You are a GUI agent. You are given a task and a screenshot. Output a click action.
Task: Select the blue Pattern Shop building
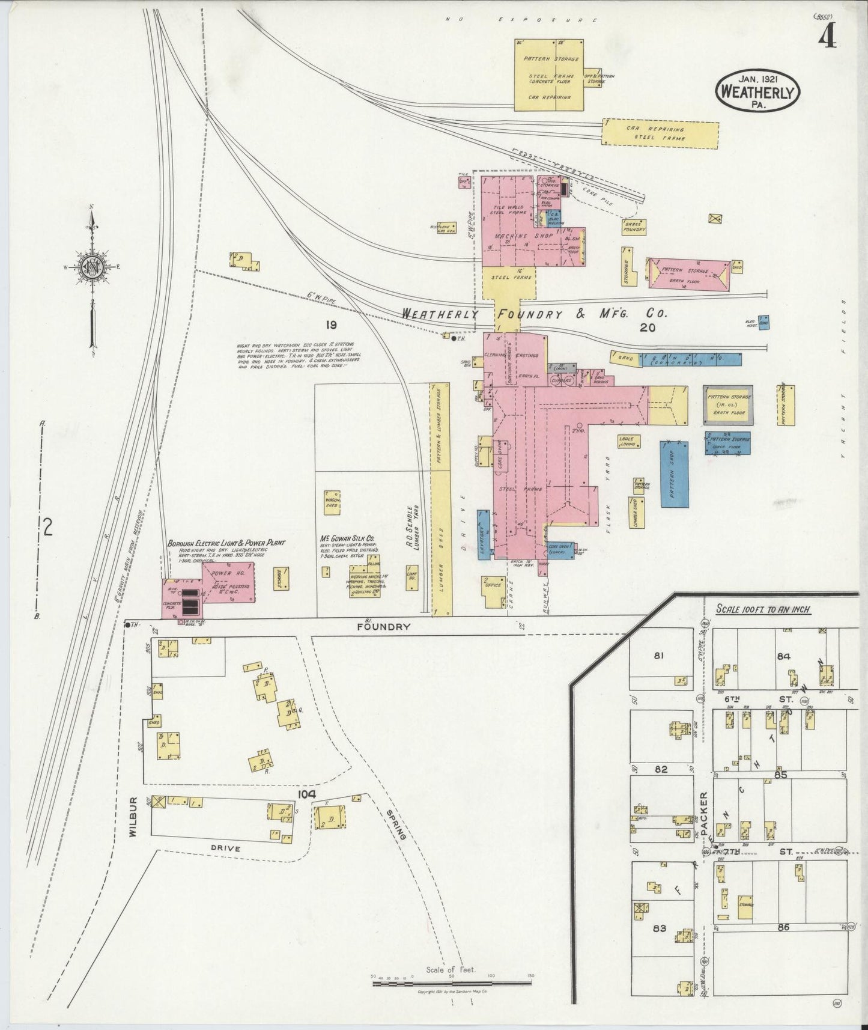coord(673,474)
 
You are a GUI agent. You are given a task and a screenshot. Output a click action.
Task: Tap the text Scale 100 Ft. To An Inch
coord(763,609)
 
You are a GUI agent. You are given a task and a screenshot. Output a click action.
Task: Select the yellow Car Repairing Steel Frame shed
coord(660,133)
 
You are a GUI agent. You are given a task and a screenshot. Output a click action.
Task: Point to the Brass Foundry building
coord(634,227)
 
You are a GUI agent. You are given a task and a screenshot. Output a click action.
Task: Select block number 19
coord(330,325)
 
